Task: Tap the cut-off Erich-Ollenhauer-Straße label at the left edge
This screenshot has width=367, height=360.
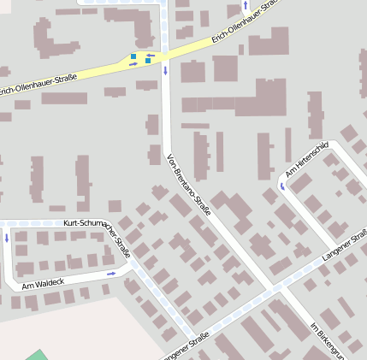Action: [38, 83]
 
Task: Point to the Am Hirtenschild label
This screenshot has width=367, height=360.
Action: [307, 162]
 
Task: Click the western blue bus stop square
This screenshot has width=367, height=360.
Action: [133, 57]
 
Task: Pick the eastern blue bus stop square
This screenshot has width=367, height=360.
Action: [148, 62]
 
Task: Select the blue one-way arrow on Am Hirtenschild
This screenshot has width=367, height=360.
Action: [281, 185]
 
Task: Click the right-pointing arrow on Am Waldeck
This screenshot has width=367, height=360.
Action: [111, 274]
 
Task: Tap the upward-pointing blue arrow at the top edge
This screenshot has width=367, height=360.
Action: [246, 4]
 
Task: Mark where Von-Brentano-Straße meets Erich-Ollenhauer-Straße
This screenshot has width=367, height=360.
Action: [164, 53]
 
